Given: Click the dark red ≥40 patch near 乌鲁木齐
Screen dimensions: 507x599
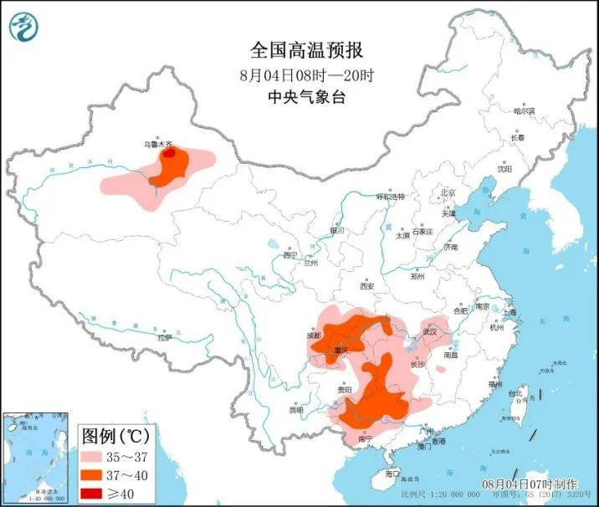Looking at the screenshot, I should pos(169,154).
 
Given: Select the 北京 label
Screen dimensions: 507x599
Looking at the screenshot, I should pos(448,192).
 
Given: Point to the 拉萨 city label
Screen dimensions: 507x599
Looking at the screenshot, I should pos(165,337).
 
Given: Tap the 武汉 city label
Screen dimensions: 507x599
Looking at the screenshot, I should pos(431,332).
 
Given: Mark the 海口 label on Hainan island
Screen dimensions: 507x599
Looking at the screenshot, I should pos(392,474).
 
